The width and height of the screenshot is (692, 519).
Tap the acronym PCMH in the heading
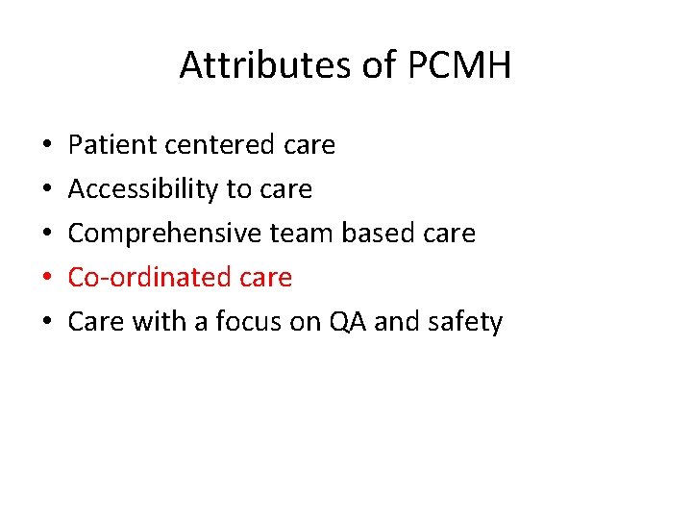coord(459,65)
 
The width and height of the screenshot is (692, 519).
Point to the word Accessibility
coord(144,189)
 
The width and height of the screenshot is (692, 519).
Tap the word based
coord(371,234)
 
